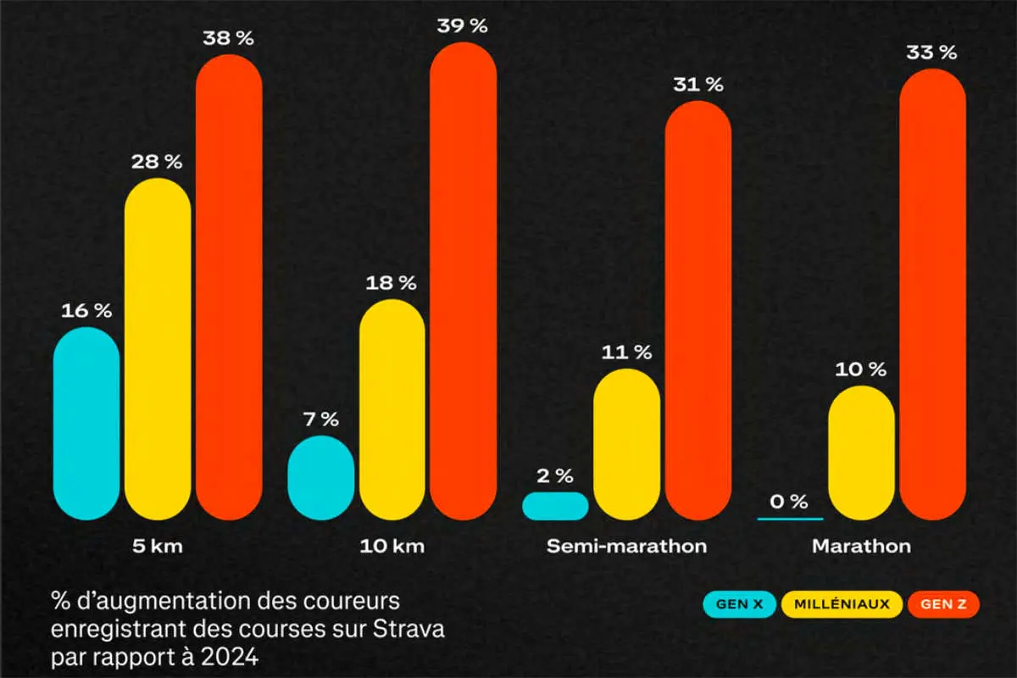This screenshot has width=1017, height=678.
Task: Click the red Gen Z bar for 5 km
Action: click(229, 288)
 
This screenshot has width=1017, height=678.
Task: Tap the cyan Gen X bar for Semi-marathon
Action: click(555, 506)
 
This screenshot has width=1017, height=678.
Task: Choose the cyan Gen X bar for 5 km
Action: click(86, 423)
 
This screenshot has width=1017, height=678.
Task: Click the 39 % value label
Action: click(464, 26)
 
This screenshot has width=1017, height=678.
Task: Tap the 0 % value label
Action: click(788, 502)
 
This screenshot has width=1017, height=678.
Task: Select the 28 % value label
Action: click(158, 162)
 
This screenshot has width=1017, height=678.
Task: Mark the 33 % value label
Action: click(932, 53)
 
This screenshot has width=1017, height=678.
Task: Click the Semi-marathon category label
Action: click(626, 546)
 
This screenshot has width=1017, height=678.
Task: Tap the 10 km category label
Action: click(392, 546)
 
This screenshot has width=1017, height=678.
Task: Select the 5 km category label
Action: click(158, 546)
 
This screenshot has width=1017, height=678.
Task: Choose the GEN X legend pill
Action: click(738, 604)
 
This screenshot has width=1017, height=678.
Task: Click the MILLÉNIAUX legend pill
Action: click(842, 604)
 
